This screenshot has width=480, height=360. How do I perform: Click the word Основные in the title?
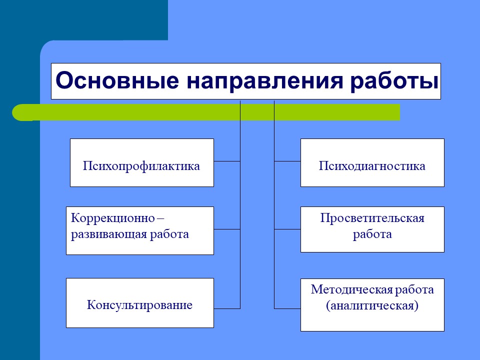click(117, 80)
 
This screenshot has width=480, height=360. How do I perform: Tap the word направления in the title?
click(265, 81)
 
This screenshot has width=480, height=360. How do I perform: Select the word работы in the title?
click(394, 81)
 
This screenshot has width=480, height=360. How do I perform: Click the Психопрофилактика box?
click(142, 162)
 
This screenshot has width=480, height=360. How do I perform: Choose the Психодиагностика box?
click(372, 162)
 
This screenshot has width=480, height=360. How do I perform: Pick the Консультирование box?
click(140, 303)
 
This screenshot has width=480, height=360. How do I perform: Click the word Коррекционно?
click(113, 218)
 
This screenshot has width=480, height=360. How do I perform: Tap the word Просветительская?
click(372, 218)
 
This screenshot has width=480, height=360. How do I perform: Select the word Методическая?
click(352, 289)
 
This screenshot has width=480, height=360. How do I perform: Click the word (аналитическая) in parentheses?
click(372, 305)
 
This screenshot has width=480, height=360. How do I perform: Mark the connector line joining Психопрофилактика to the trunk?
click(227, 161)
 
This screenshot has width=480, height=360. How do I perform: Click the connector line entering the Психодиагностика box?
click(287, 161)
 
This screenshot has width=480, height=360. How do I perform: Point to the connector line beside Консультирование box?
click(227, 308)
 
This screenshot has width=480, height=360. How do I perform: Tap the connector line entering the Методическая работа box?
click(287, 308)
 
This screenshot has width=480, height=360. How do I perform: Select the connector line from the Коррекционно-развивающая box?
click(227, 229)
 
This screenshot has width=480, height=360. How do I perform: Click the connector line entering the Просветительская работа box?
click(287, 229)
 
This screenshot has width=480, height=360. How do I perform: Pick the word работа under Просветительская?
click(372, 234)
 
